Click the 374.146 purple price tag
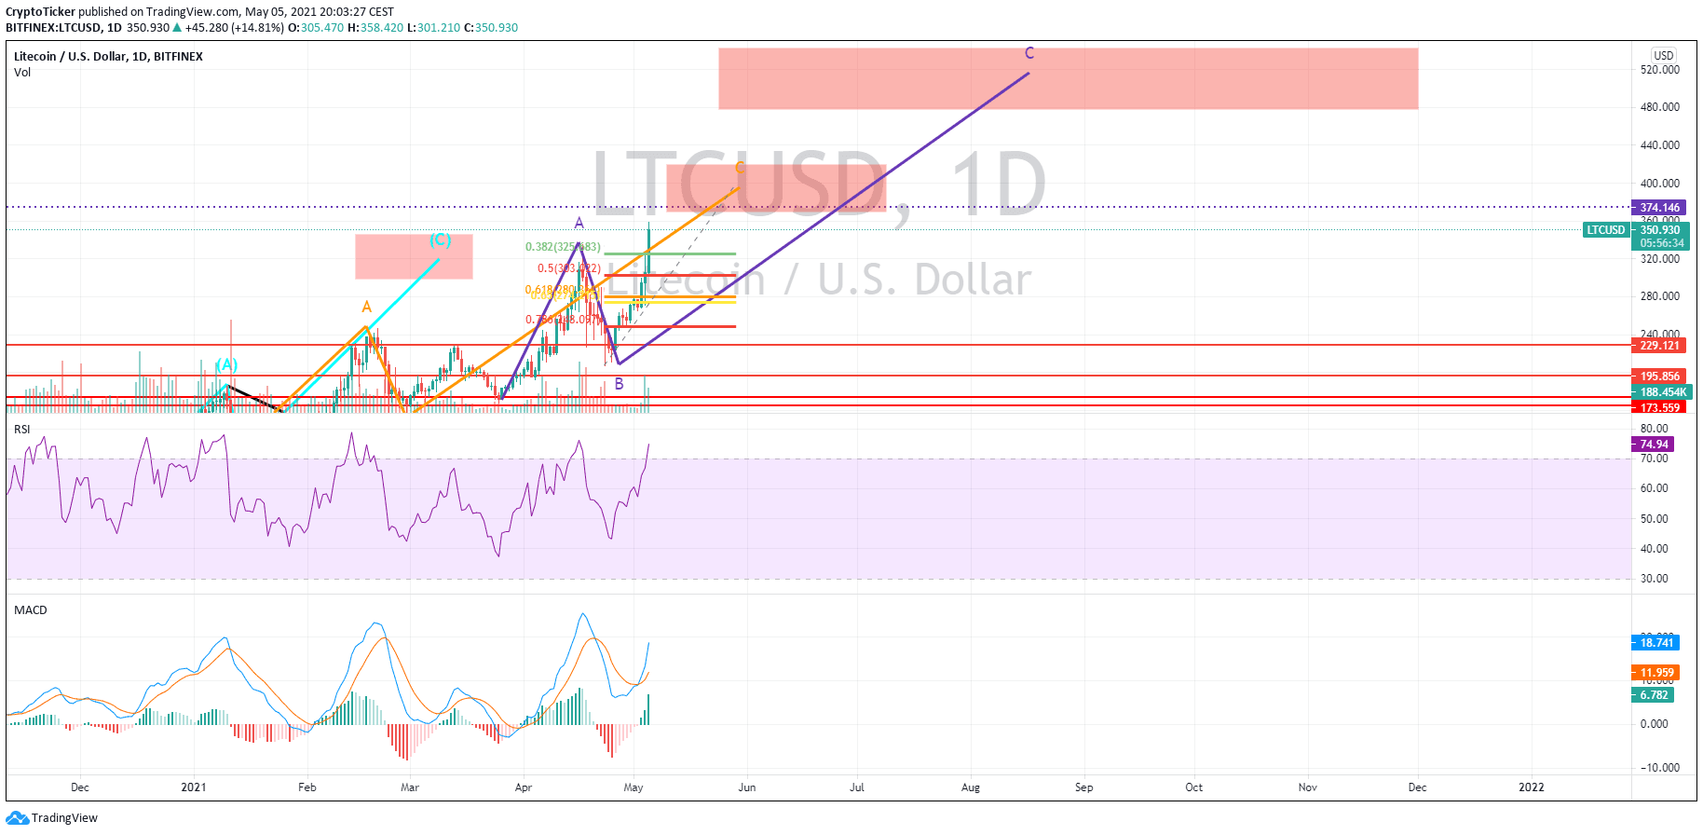tap(1659, 208)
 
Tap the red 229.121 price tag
tap(1658, 346)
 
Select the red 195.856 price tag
tap(1658, 376)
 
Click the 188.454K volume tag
tap(1662, 392)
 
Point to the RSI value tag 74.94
tap(1654, 445)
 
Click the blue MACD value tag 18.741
tap(1656, 643)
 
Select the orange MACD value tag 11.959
tap(1656, 673)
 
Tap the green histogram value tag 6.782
tap(1654, 695)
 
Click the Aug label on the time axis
tap(970, 787)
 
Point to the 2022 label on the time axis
tap(1531, 787)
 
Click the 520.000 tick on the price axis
tap(1659, 70)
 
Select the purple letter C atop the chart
tap(1029, 53)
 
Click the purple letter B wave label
tap(619, 383)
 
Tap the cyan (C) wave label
tap(440, 240)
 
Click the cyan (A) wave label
tap(226, 365)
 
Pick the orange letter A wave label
tap(366, 307)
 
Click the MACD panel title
tap(31, 610)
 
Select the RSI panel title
tap(22, 430)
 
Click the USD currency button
tap(1663, 55)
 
